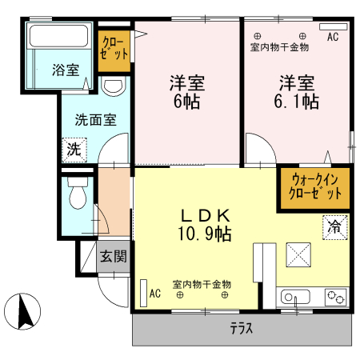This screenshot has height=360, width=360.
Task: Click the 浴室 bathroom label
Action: [66, 70]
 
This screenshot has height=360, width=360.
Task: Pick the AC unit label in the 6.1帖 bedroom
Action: [333, 37]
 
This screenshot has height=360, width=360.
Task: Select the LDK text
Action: [205, 215]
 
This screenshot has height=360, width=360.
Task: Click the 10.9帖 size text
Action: [205, 234]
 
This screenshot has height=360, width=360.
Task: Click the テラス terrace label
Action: [242, 328]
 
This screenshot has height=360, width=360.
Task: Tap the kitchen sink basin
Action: [294, 298]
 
